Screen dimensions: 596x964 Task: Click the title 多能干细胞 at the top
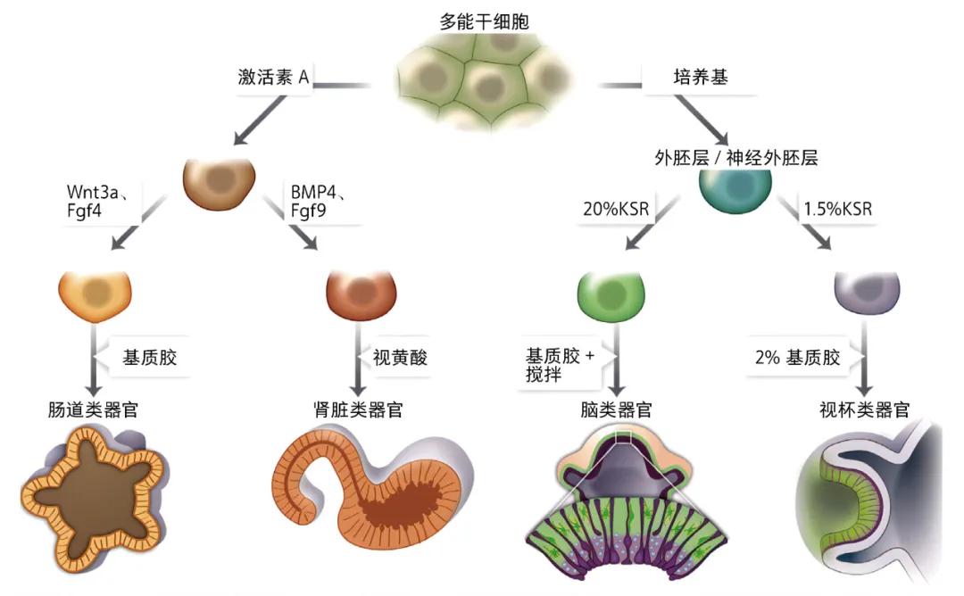pos(484,21)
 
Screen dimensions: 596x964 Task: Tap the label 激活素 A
pos(273,78)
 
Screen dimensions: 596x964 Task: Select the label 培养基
pos(700,78)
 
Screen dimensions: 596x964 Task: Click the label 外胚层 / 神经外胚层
pos(735,158)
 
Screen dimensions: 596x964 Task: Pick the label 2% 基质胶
pos(798,358)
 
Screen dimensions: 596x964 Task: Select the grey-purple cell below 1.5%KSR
pos(864,291)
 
